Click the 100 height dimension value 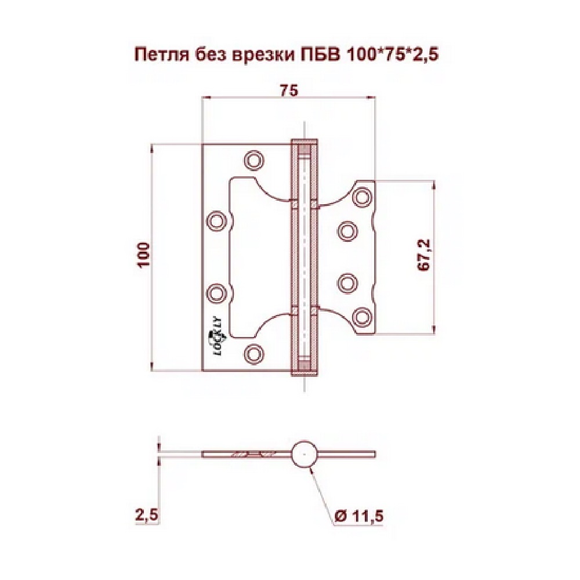[x=144, y=255]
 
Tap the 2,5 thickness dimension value [x=147, y=514]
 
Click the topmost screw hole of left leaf [x=253, y=159]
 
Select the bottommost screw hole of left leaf [x=253, y=352]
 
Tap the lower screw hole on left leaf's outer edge [x=216, y=292]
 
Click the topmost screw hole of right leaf [x=363, y=195]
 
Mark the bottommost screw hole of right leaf [x=363, y=316]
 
